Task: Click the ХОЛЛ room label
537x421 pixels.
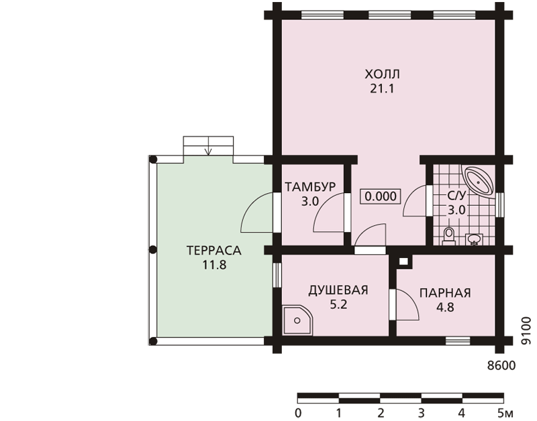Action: pos(382,74)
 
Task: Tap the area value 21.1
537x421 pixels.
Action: pos(382,88)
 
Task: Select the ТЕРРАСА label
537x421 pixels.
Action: pos(214,250)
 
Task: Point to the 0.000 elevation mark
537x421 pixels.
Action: pos(381,196)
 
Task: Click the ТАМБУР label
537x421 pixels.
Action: pos(310,187)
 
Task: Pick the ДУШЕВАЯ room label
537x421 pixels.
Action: pos(338,290)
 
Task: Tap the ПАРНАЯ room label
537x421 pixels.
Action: pos(445,293)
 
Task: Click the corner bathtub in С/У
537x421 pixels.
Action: pos(478,181)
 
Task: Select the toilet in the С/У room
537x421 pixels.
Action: pos(448,237)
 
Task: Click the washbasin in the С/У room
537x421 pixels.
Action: pos(475,239)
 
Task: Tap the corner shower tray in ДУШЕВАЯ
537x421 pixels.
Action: pos(297,320)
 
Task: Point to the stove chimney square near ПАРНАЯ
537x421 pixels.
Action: pos(404,262)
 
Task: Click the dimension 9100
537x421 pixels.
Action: pos(527,330)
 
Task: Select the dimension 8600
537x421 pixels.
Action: pos(501,365)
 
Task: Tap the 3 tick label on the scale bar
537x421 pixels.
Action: pos(422,413)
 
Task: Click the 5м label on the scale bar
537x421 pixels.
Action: pos(505,413)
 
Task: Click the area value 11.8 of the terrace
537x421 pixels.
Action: pos(214,265)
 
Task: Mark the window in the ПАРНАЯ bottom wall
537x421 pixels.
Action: pos(458,341)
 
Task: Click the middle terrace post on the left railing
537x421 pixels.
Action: pos(153,250)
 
